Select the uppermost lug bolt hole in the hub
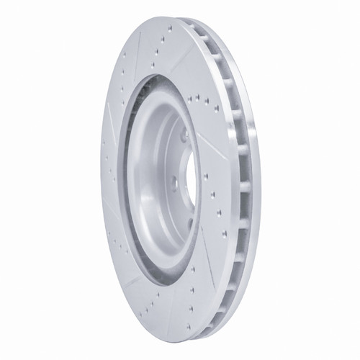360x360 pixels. click(184, 135)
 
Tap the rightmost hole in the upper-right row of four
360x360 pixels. click(217, 109)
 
